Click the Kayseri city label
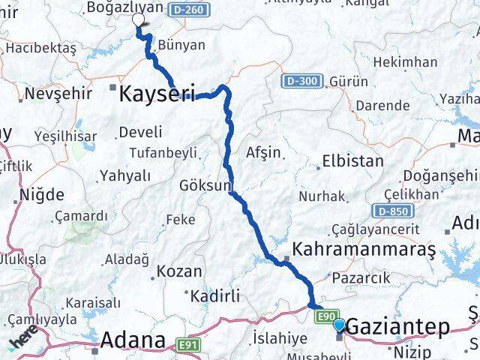[157, 94]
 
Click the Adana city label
[133, 341]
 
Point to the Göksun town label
[205, 185]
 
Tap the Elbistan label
[352, 160]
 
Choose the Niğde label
[44, 195]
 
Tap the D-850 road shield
[397, 211]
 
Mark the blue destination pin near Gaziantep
[340, 325]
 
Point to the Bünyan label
[181, 45]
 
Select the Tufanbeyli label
[163, 153]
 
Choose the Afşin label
[263, 152]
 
